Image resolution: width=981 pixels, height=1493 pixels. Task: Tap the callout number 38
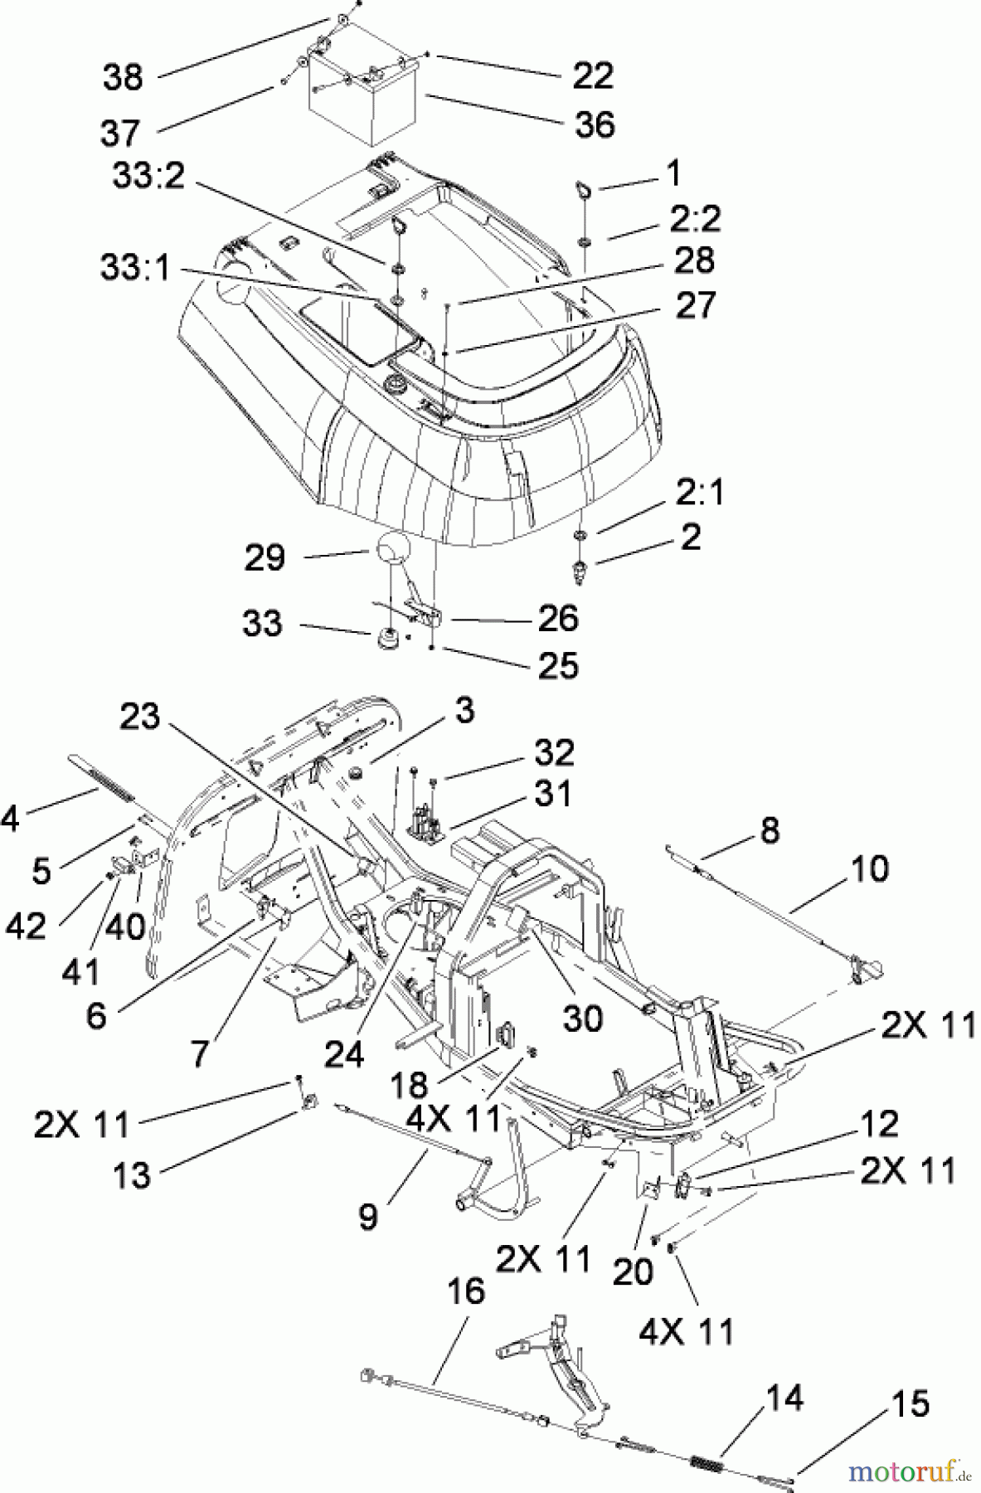point(123,77)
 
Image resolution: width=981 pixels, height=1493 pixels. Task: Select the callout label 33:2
point(148,175)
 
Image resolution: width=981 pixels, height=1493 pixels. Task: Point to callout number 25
point(557,665)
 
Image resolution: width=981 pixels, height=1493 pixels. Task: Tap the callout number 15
point(910,1403)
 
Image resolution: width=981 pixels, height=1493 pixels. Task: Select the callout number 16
point(465,1291)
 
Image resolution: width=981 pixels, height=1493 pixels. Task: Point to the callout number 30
point(582,1019)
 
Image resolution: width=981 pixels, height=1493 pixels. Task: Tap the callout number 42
point(26,926)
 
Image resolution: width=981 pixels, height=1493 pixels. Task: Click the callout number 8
point(770,829)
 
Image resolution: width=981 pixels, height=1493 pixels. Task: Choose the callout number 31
point(552,794)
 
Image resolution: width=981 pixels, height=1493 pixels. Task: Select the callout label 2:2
point(697,220)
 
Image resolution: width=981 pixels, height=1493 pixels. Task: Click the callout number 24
point(343,1054)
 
